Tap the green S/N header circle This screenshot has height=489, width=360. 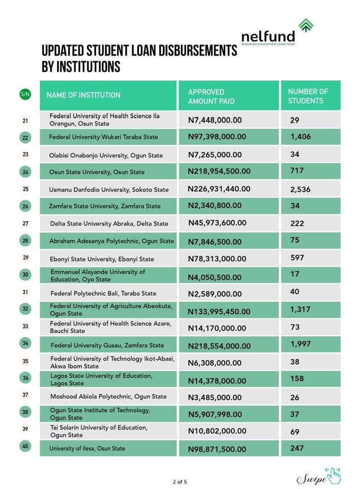pyautogui.click(x=25, y=94)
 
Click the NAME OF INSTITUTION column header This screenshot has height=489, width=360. pyautogui.click(x=83, y=95)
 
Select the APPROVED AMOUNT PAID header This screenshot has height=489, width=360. pyautogui.click(x=211, y=96)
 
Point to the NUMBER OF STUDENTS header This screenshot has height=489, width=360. pyautogui.click(x=308, y=96)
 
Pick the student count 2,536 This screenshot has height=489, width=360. pyautogui.click(x=300, y=189)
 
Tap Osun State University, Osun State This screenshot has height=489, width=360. pyautogui.click(x=97, y=172)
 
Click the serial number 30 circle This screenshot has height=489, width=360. pyautogui.click(x=25, y=275)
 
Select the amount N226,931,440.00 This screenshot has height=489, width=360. pyautogui.click(x=219, y=189)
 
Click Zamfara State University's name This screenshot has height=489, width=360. pyautogui.click(x=105, y=206)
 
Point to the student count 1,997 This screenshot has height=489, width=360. pyautogui.click(x=301, y=344)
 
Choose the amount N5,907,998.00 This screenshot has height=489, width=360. pyautogui.click(x=215, y=414)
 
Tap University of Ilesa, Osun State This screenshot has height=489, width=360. pyautogui.click(x=87, y=448)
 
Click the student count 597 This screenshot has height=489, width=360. pyautogui.click(x=297, y=258)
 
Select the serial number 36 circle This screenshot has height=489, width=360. pyautogui.click(x=25, y=378)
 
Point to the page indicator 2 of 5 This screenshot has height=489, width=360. pyautogui.click(x=180, y=482)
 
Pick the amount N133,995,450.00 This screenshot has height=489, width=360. pyautogui.click(x=219, y=312)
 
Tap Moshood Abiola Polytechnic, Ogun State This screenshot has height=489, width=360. pyautogui.click(x=108, y=397)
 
